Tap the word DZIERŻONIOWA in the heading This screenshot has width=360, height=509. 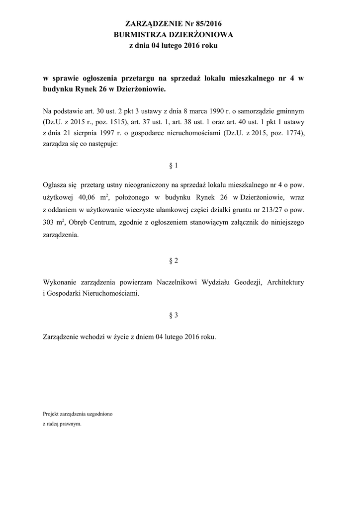point(200,35)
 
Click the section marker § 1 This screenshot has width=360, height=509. point(174,166)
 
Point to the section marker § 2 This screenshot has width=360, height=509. point(174,261)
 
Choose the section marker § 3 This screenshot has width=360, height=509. point(174,315)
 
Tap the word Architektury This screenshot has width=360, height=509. point(285,282)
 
